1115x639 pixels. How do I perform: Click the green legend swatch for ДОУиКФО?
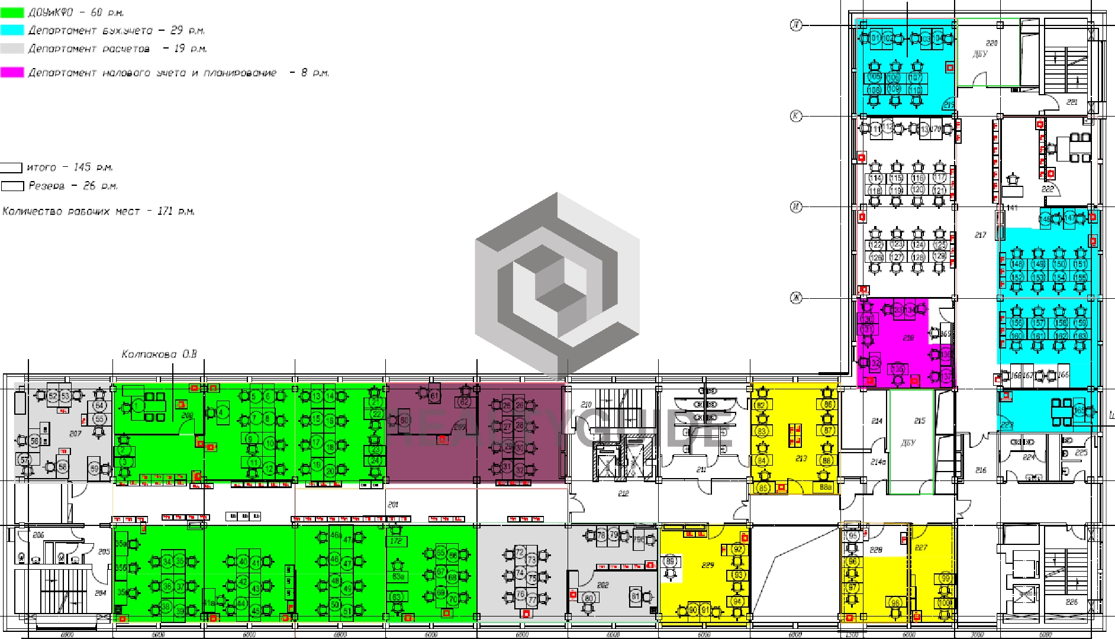(x=12, y=12)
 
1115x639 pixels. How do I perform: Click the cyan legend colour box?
(x=12, y=30)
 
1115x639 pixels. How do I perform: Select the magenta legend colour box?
(x=12, y=72)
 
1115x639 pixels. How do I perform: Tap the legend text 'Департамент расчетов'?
(x=89, y=49)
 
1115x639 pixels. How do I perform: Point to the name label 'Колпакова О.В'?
(x=159, y=354)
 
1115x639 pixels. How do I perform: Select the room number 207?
(x=75, y=434)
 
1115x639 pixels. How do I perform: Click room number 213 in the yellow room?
(x=801, y=458)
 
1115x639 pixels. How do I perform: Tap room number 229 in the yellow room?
(x=708, y=565)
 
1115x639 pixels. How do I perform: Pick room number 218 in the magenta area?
(x=908, y=338)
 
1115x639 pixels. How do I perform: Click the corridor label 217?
(x=980, y=235)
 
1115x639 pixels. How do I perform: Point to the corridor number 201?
(x=393, y=505)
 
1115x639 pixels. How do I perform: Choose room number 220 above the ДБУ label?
(x=992, y=43)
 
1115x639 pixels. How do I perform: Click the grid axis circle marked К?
(x=796, y=116)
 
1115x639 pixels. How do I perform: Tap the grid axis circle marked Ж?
(x=796, y=298)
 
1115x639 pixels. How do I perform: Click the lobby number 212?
(x=623, y=493)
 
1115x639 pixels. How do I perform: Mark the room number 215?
(x=919, y=421)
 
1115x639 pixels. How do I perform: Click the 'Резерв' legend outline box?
(x=12, y=186)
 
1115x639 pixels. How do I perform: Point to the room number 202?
(x=602, y=585)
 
